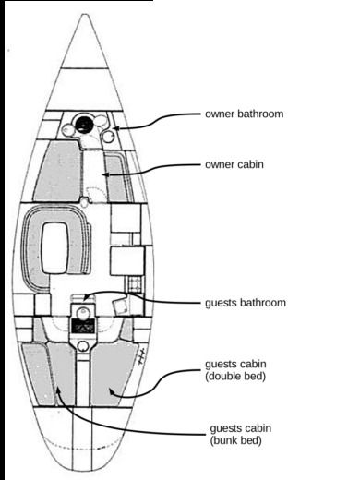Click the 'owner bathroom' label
(x=243, y=114)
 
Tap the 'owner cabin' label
(x=234, y=165)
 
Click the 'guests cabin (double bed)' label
(x=237, y=370)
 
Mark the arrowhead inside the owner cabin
(x=104, y=173)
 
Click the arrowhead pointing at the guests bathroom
(x=86, y=296)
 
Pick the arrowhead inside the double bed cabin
(x=112, y=391)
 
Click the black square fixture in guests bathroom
(x=84, y=326)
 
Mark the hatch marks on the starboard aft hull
(x=141, y=354)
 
